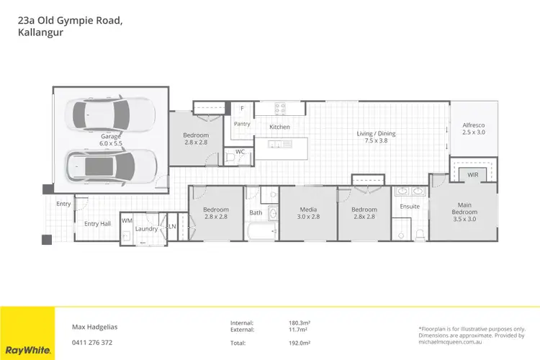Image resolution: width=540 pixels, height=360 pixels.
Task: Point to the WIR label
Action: (473, 174)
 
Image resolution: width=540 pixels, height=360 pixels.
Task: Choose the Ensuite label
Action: (410, 207)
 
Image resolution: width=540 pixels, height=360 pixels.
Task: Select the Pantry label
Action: (242, 124)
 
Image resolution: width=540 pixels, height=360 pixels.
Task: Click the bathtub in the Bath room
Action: (261, 232)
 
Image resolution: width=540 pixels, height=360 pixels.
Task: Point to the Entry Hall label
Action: (97, 224)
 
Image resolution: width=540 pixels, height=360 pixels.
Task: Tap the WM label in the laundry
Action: (127, 221)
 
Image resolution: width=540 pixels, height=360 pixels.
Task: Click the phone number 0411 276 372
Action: (93, 342)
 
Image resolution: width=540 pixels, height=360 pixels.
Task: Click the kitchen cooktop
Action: (279, 109)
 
